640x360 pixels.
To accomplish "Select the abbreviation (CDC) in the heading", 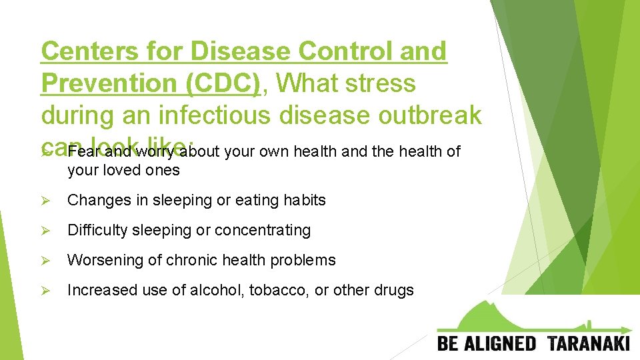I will click(x=223, y=83).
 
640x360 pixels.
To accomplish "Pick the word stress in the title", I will click(x=382, y=83).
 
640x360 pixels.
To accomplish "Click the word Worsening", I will click(x=100, y=260).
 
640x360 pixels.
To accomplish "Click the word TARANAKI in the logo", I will click(x=589, y=344).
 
